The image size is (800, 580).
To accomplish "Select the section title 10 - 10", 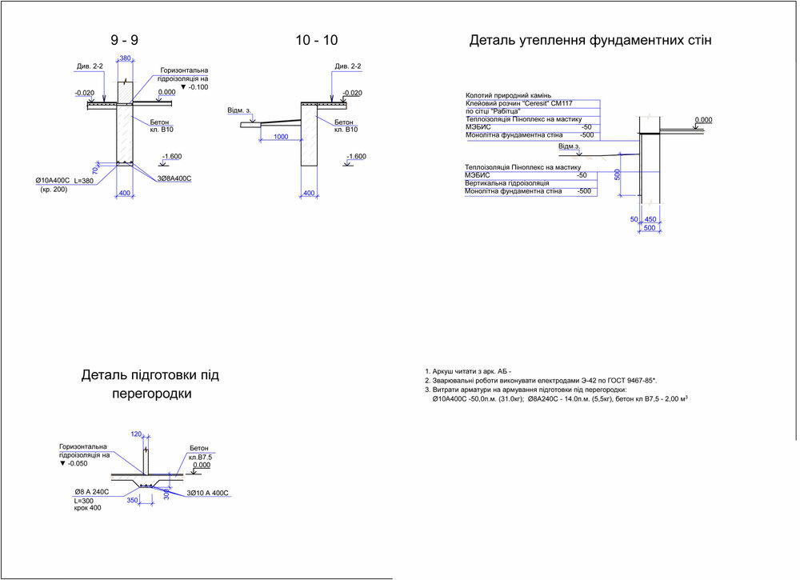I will (315, 39).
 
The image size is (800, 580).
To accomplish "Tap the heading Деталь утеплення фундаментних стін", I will (590, 39).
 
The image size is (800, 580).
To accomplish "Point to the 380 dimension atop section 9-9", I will (125, 58).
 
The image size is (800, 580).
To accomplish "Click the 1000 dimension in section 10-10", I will (281, 137).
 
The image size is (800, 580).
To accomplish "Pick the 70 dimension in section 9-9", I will (95, 170).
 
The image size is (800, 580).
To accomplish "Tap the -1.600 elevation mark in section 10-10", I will (355, 157).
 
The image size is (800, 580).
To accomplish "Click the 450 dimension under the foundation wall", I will (650, 219).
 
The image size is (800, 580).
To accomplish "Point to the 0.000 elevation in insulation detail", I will (703, 120).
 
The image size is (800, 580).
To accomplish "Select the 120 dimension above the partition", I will (135, 434).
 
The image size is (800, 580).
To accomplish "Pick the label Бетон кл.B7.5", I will (199, 453).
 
